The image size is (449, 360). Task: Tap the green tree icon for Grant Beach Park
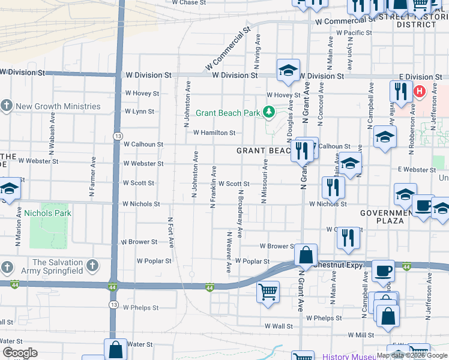click(x=270, y=111)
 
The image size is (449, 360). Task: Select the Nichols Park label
click(x=47, y=213)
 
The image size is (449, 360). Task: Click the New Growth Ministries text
click(x=58, y=107)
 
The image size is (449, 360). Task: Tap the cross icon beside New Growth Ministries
click(x=7, y=106)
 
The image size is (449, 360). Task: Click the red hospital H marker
click(x=419, y=91)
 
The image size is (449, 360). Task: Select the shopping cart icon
click(x=267, y=292)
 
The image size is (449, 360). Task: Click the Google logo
click(x=19, y=353)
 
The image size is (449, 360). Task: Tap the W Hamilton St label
click(x=213, y=133)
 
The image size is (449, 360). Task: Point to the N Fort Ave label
click(x=170, y=233)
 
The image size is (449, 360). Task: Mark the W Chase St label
click(x=188, y=2)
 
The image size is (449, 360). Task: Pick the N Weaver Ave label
click(x=229, y=252)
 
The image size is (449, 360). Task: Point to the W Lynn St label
click(x=139, y=112)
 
